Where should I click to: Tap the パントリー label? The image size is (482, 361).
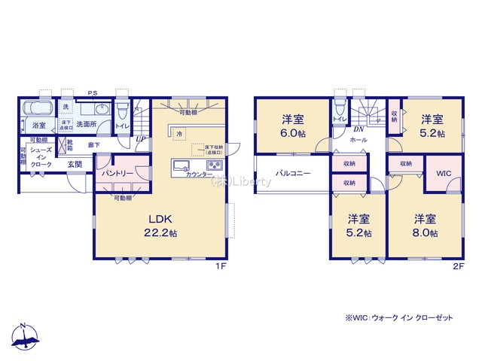tap(117, 173)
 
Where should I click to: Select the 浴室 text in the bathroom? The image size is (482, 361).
tap(38, 126)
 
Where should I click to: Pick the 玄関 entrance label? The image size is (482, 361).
tap(74, 163)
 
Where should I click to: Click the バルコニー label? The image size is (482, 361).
tap(289, 171)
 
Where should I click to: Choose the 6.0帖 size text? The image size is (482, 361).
tap(292, 134)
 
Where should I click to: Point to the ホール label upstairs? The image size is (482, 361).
tap(359, 140)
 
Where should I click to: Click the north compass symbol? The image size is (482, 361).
tap(26, 336)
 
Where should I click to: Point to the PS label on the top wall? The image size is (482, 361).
tap(92, 94)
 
